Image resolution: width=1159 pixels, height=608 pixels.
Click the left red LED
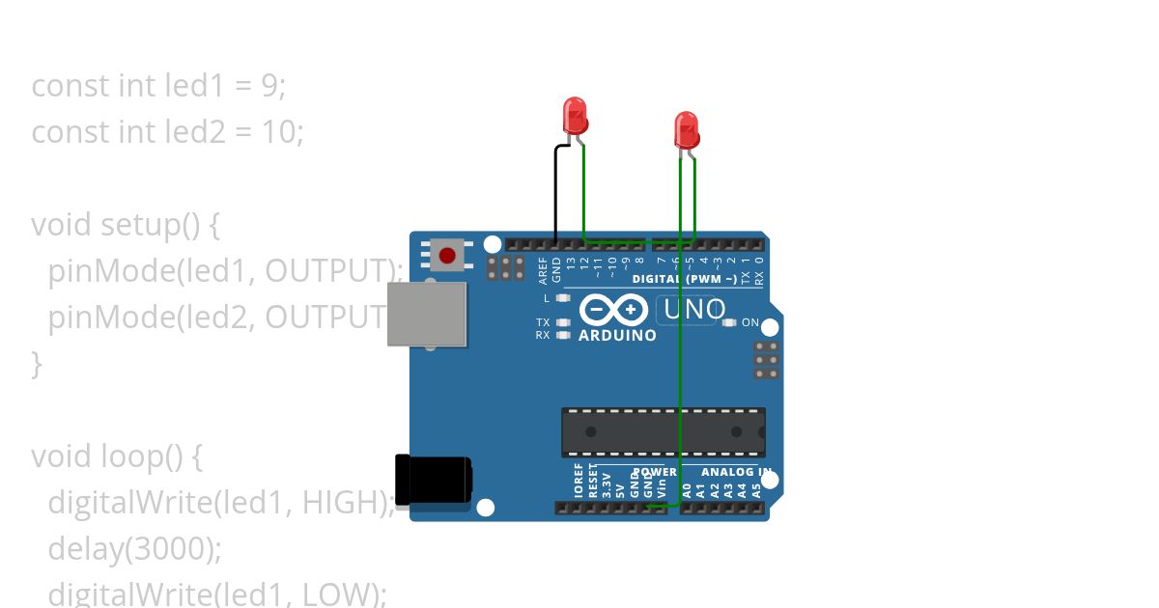coord(575,115)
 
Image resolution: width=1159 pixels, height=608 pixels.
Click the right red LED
coord(687,129)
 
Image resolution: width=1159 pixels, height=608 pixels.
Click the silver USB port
coord(426,314)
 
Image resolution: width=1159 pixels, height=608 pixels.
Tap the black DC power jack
coord(434,480)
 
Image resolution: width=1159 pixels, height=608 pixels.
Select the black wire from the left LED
coord(555,193)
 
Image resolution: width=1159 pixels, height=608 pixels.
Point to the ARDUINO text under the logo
coord(617,336)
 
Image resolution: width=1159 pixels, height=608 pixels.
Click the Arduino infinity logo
coord(614,310)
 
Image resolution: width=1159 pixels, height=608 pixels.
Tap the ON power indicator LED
coord(729,322)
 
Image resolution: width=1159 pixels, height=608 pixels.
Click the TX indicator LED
coord(563,322)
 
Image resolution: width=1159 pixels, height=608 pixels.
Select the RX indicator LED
coord(563,335)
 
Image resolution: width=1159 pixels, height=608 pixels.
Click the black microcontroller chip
coord(664,431)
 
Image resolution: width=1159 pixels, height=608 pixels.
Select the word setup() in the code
coord(160,225)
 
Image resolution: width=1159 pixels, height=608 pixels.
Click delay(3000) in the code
coord(134,548)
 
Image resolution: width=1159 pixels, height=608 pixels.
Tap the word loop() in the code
coord(152,456)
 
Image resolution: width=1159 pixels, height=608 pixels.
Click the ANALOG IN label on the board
coord(736,472)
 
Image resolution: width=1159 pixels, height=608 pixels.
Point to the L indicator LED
coord(563,298)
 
